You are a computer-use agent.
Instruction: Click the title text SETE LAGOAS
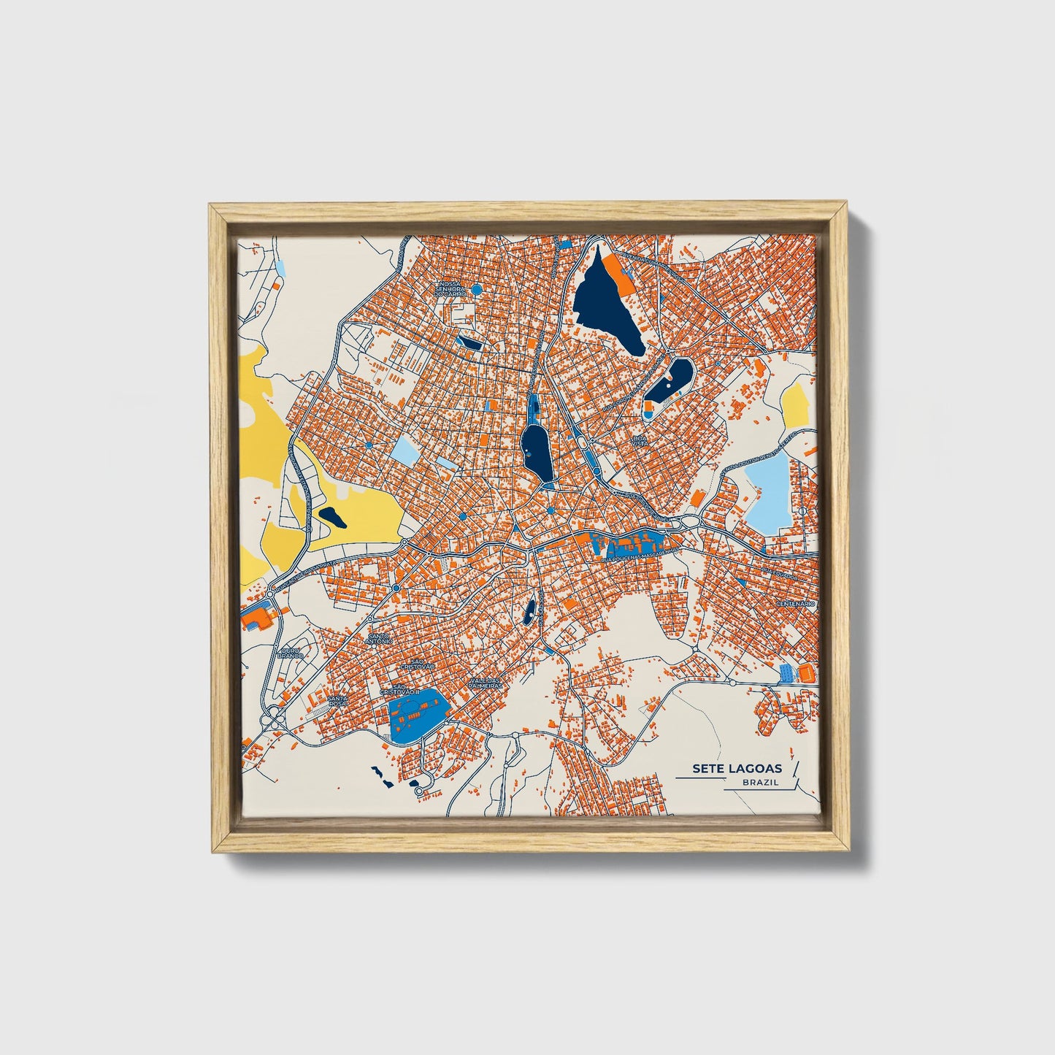pyautogui.click(x=737, y=768)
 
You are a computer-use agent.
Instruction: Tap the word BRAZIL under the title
pyautogui.click(x=760, y=782)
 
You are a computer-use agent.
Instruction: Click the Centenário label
pyautogui.click(x=794, y=604)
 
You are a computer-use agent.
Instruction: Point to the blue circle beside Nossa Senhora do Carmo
pyautogui.click(x=476, y=290)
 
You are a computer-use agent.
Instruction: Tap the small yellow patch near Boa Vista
pyautogui.click(x=796, y=406)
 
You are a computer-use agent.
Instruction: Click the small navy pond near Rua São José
pyautogui.click(x=529, y=610)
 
